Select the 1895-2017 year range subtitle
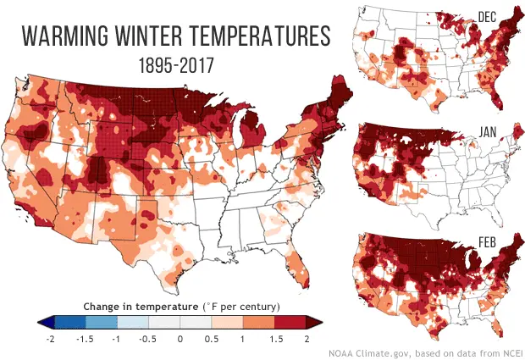174,64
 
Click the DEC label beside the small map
487,17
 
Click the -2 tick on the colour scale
52,336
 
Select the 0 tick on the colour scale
180,336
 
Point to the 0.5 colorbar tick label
212,336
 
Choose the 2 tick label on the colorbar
307,336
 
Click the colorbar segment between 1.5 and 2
290,322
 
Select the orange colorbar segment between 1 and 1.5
259,322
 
